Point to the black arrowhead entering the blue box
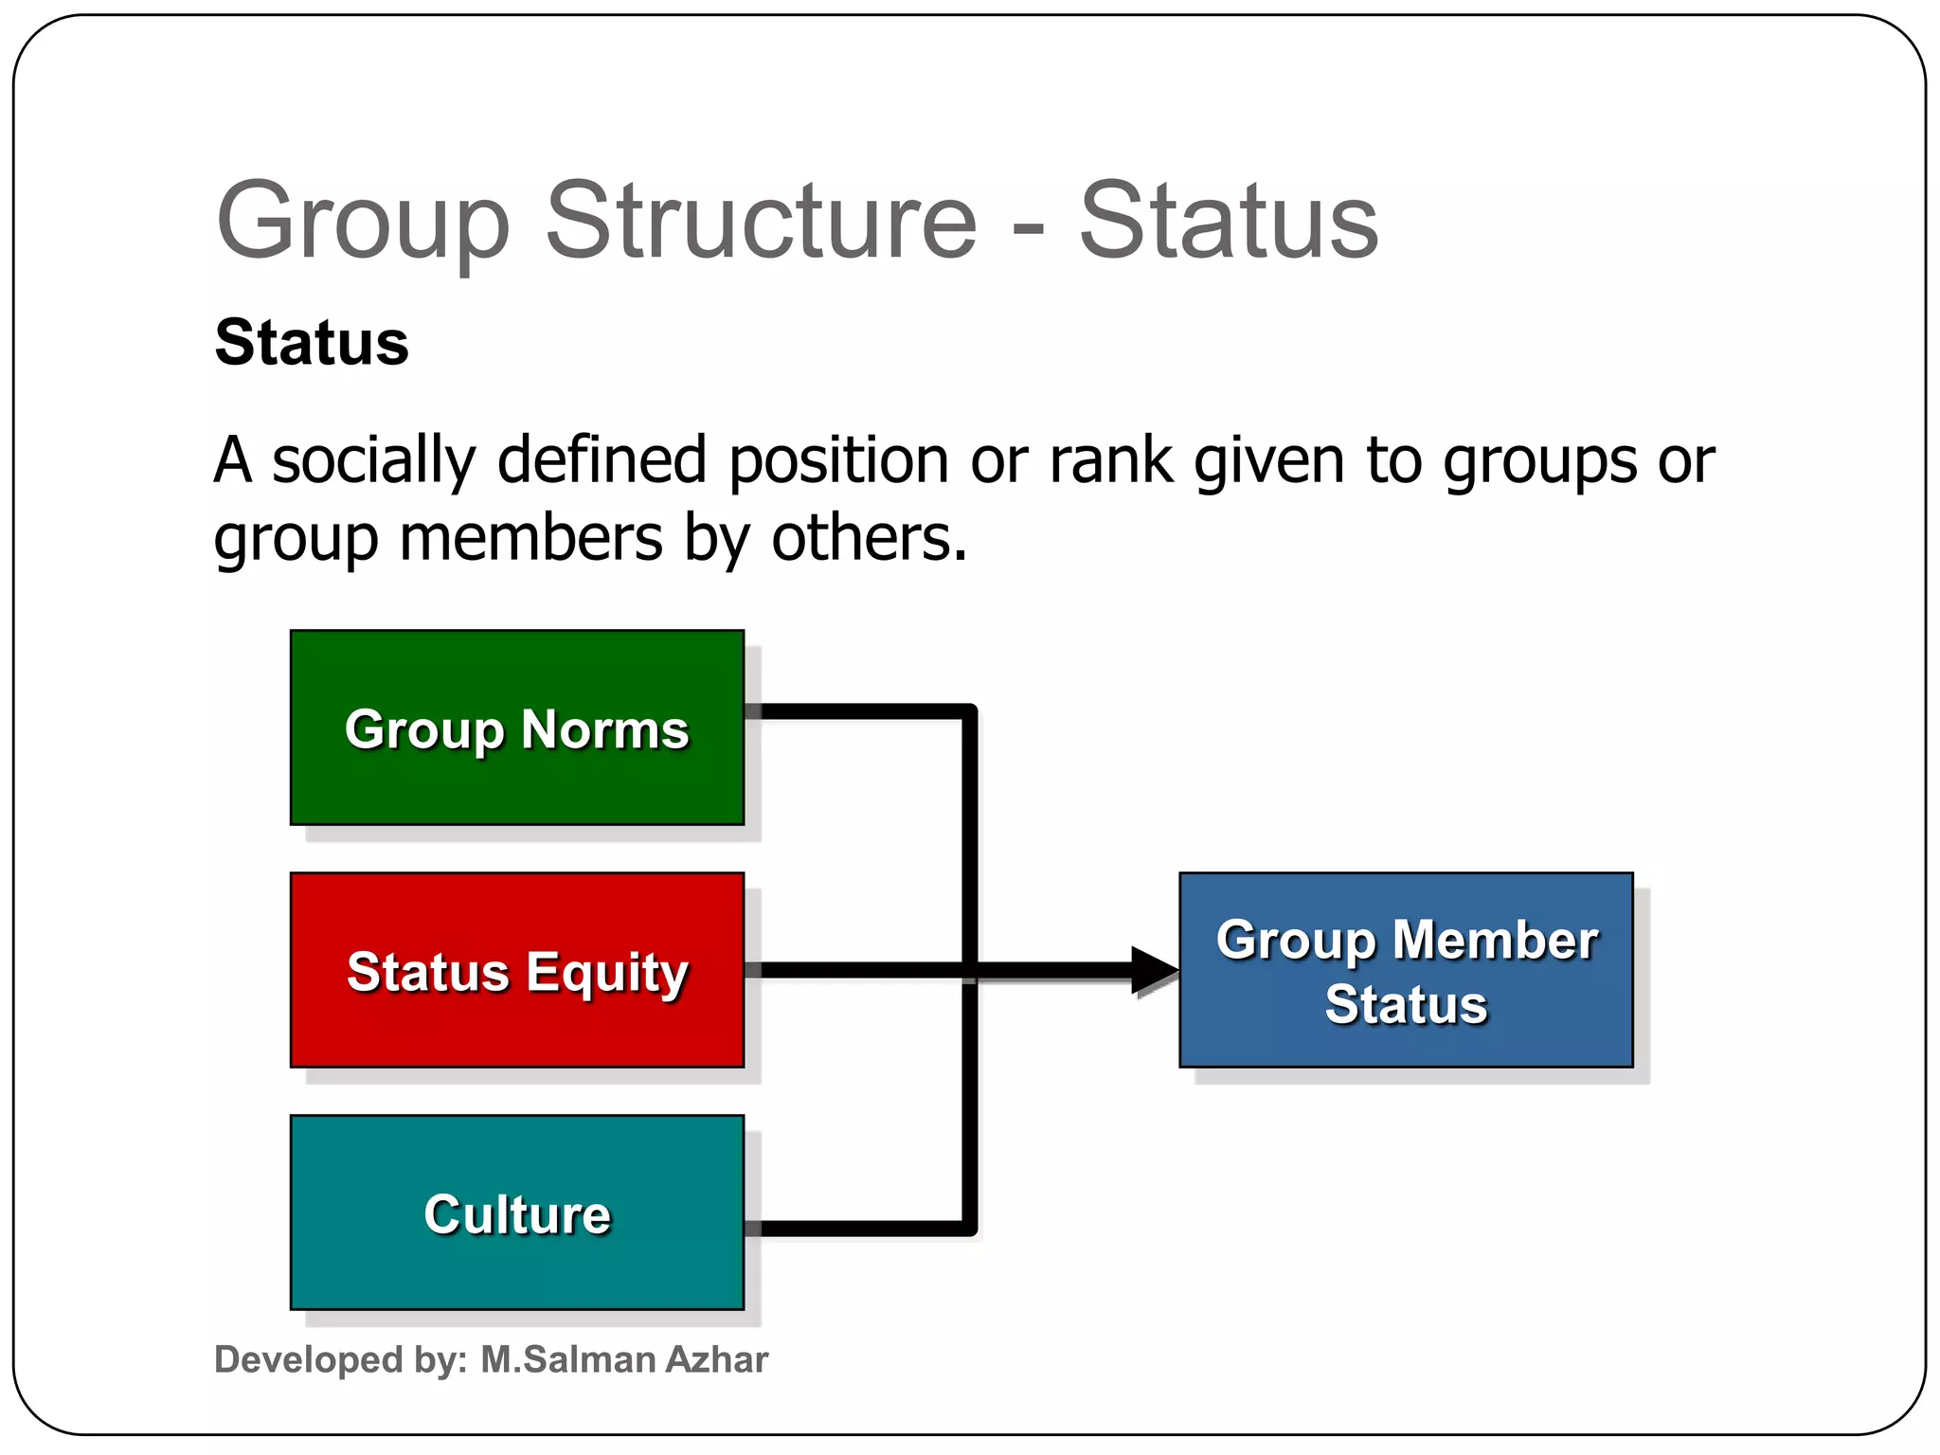tap(1154, 970)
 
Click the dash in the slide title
tap(1028, 228)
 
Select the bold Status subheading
tap(312, 342)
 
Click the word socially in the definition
tap(373, 461)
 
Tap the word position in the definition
tap(838, 461)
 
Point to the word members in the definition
tap(530, 538)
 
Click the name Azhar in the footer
tap(716, 1359)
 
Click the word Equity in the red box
tap(606, 973)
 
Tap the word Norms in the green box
tap(604, 729)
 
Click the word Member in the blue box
tap(1495, 941)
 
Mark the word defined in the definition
tap(602, 461)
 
